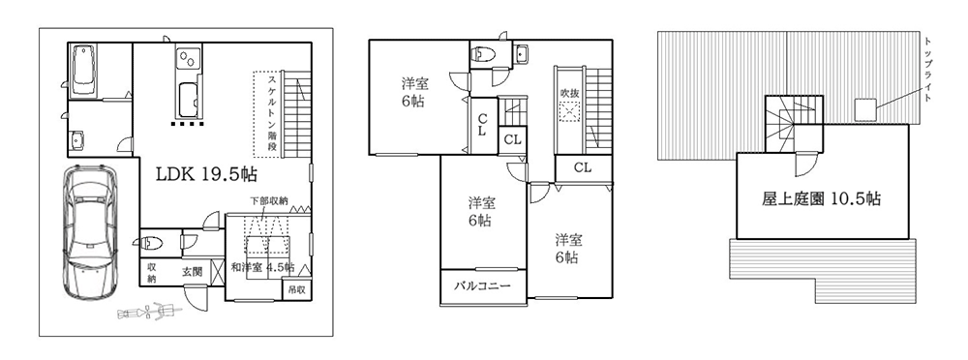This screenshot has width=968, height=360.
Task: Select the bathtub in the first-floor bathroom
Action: pos(84,68)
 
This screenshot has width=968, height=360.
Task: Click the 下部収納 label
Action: pos(269,200)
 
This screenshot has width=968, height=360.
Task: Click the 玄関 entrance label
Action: pos(193,272)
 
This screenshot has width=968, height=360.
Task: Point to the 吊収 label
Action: pos(296,289)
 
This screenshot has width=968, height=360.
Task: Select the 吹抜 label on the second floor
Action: pos(569,93)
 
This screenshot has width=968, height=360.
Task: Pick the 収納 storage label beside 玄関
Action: pos(152,272)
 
